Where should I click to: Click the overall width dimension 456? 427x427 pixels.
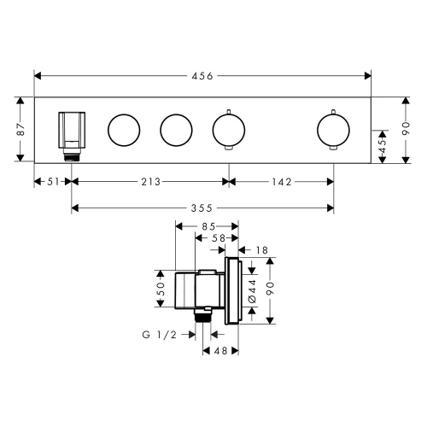(202, 76)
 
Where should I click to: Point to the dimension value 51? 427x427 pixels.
(52, 181)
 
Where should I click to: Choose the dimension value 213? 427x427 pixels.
(149, 181)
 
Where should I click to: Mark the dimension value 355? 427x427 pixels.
(202, 208)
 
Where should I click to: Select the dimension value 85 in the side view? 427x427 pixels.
(208, 227)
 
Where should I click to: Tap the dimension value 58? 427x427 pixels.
(219, 239)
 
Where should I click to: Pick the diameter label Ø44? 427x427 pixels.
(253, 290)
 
